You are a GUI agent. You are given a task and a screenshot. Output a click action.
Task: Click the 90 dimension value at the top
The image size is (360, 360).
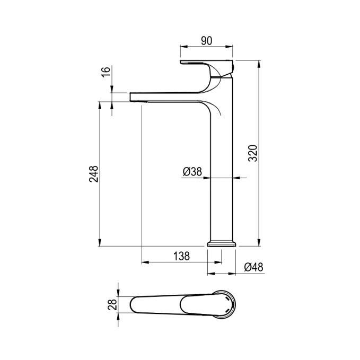point(206,41)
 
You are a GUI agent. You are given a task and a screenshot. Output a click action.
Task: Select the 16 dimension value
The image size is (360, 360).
point(106,72)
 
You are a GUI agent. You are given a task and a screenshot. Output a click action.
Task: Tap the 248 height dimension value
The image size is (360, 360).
point(94,174)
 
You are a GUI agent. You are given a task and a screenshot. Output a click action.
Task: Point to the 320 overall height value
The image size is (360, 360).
point(253,153)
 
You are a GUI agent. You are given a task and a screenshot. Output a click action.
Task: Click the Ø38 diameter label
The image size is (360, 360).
point(192,171)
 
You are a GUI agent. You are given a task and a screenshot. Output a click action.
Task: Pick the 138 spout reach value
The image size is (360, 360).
point(181,256)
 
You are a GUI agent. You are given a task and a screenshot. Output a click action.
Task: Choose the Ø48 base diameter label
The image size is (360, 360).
point(254,267)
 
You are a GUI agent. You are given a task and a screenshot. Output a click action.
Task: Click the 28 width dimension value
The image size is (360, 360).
point(112,304)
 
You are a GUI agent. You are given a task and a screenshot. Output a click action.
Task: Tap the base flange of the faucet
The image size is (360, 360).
point(222,244)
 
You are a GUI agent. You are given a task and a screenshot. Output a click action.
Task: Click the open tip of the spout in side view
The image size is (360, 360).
point(130,97)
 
